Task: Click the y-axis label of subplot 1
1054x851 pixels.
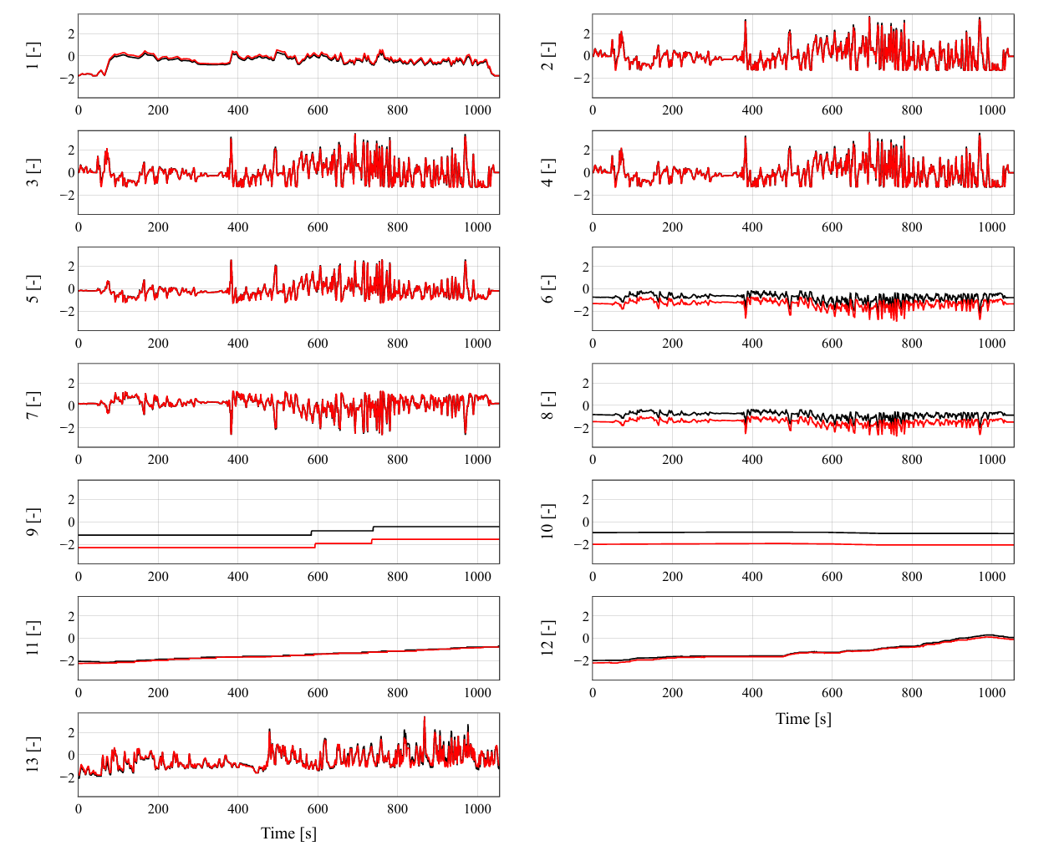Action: click(33, 56)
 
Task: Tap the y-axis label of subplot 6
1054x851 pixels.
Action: click(547, 288)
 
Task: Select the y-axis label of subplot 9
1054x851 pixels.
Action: click(33, 522)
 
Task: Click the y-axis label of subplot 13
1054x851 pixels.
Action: click(33, 754)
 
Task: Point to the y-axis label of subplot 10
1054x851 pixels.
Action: click(547, 522)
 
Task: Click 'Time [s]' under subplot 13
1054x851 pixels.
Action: click(288, 833)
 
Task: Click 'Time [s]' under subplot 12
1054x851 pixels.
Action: click(803, 718)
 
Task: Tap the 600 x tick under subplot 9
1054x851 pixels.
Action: click(318, 576)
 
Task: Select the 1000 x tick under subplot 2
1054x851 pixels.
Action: click(991, 110)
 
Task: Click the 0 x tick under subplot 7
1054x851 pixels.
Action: click(79, 460)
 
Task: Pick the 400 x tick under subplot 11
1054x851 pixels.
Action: click(238, 692)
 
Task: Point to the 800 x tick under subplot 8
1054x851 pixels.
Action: click(912, 460)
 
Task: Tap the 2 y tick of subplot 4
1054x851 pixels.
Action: click(587, 150)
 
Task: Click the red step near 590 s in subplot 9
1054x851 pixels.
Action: click(315, 545)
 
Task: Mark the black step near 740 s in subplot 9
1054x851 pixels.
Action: click(374, 528)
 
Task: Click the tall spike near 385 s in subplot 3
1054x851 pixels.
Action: click(232, 139)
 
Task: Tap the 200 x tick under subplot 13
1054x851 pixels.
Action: click(158, 808)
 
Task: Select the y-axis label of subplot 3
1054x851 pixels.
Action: click(33, 172)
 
